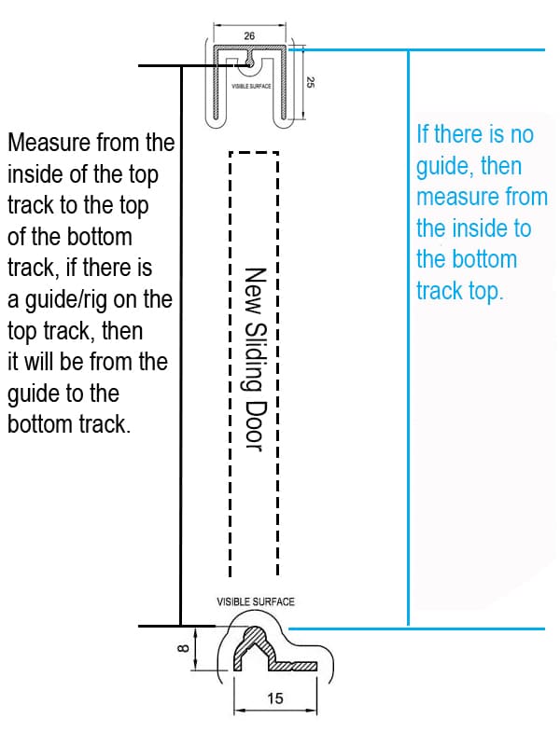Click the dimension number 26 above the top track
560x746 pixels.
(x=249, y=35)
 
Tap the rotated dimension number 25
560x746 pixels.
(x=308, y=82)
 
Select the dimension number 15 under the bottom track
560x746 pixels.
(x=275, y=698)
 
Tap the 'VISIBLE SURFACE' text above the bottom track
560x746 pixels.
(x=255, y=601)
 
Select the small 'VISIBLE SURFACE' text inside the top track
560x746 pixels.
(x=251, y=86)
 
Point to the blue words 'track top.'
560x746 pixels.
(x=459, y=291)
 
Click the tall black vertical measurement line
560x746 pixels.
(x=180, y=345)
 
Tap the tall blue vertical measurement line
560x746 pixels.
(x=408, y=336)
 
